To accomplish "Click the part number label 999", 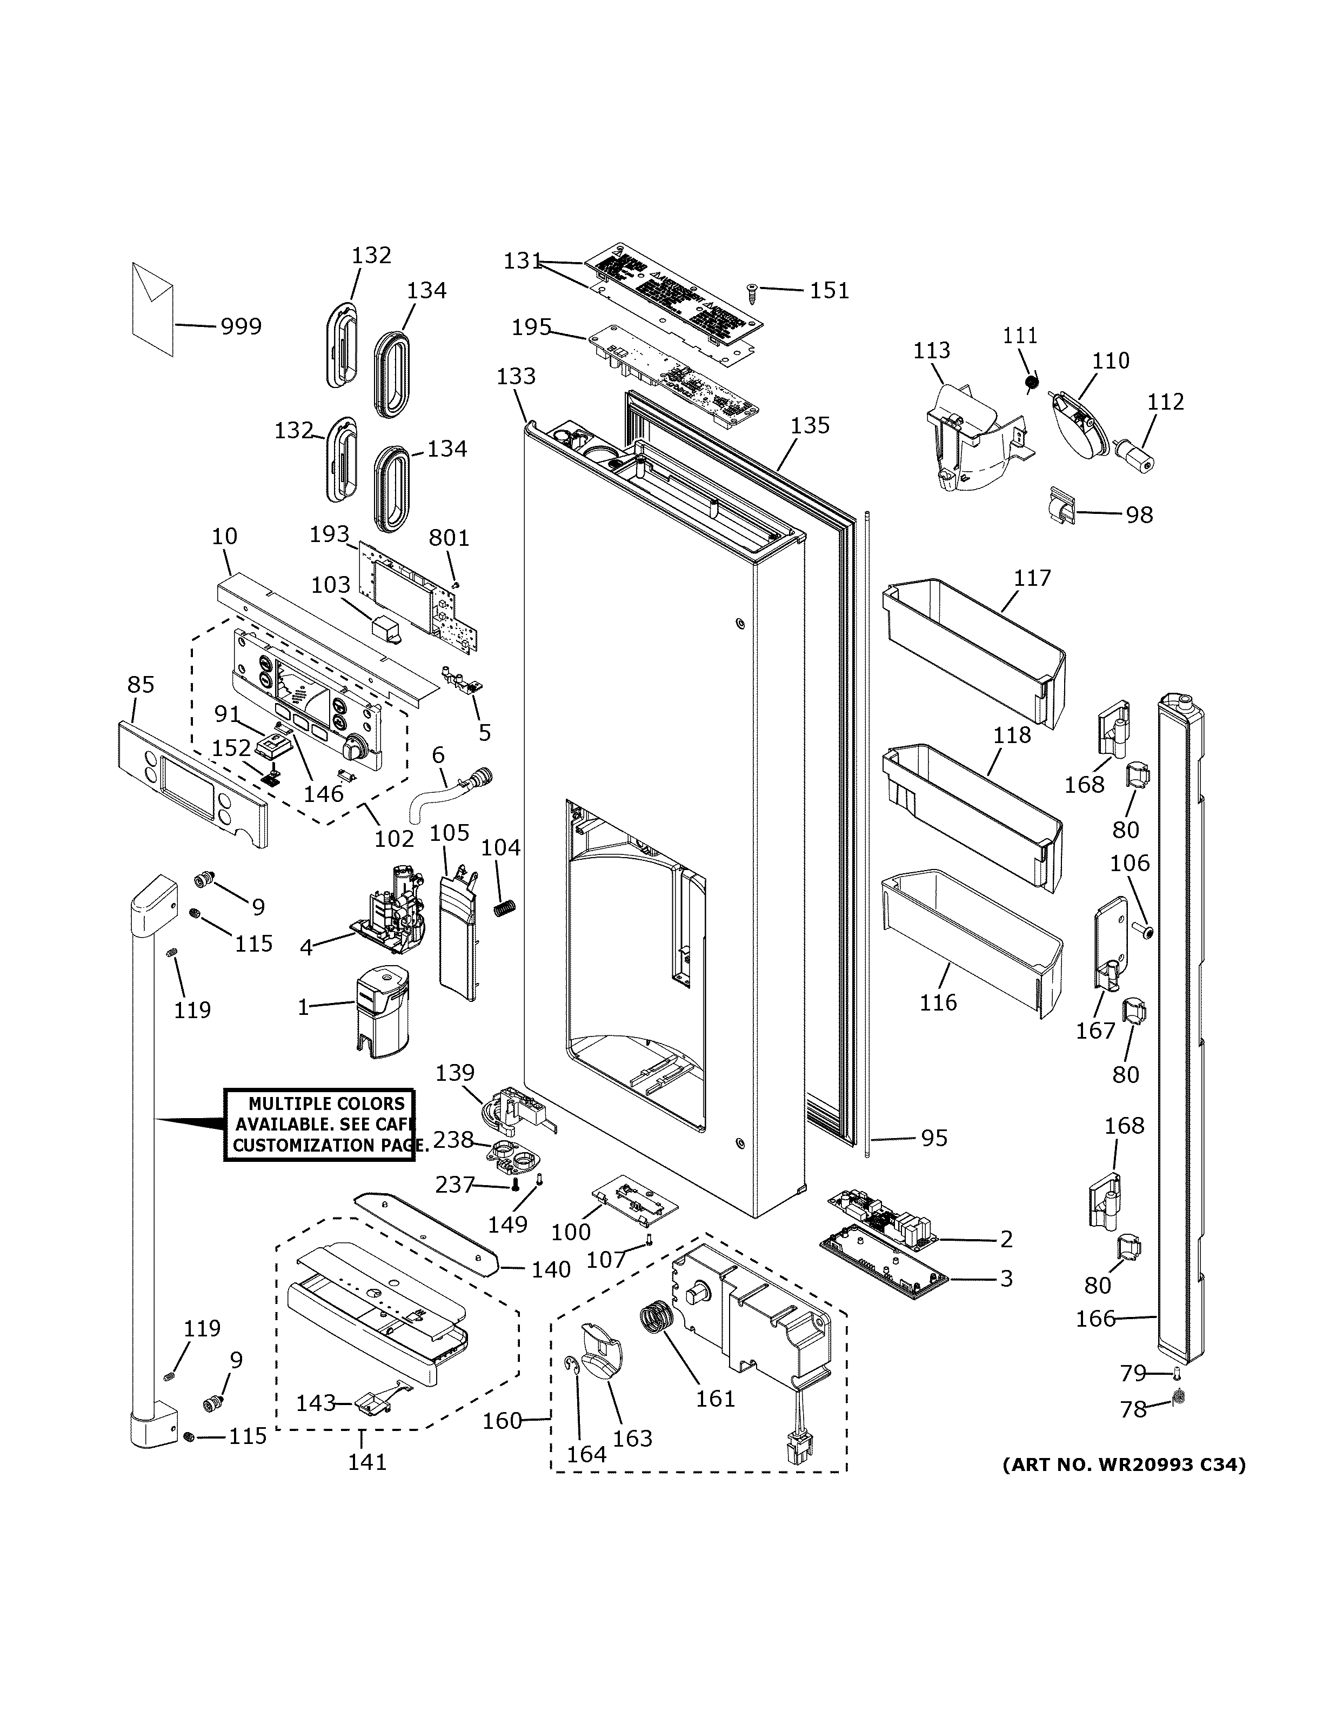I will pyautogui.click(x=240, y=326).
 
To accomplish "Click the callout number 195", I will pyautogui.click(x=531, y=327).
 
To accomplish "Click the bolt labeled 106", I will pyautogui.click(x=1145, y=931).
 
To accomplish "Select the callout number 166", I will pyautogui.click(x=1095, y=1319).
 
